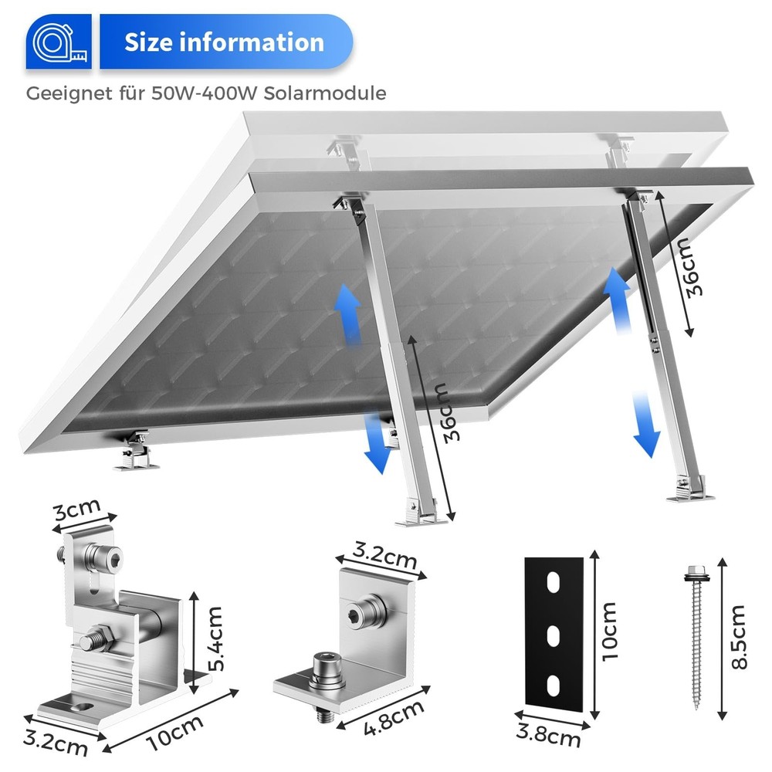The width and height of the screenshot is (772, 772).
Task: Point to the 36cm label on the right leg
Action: click(x=686, y=267)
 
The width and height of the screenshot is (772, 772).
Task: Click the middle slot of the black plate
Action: click(x=553, y=636)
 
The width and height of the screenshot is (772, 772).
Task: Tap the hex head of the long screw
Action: click(x=694, y=572)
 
